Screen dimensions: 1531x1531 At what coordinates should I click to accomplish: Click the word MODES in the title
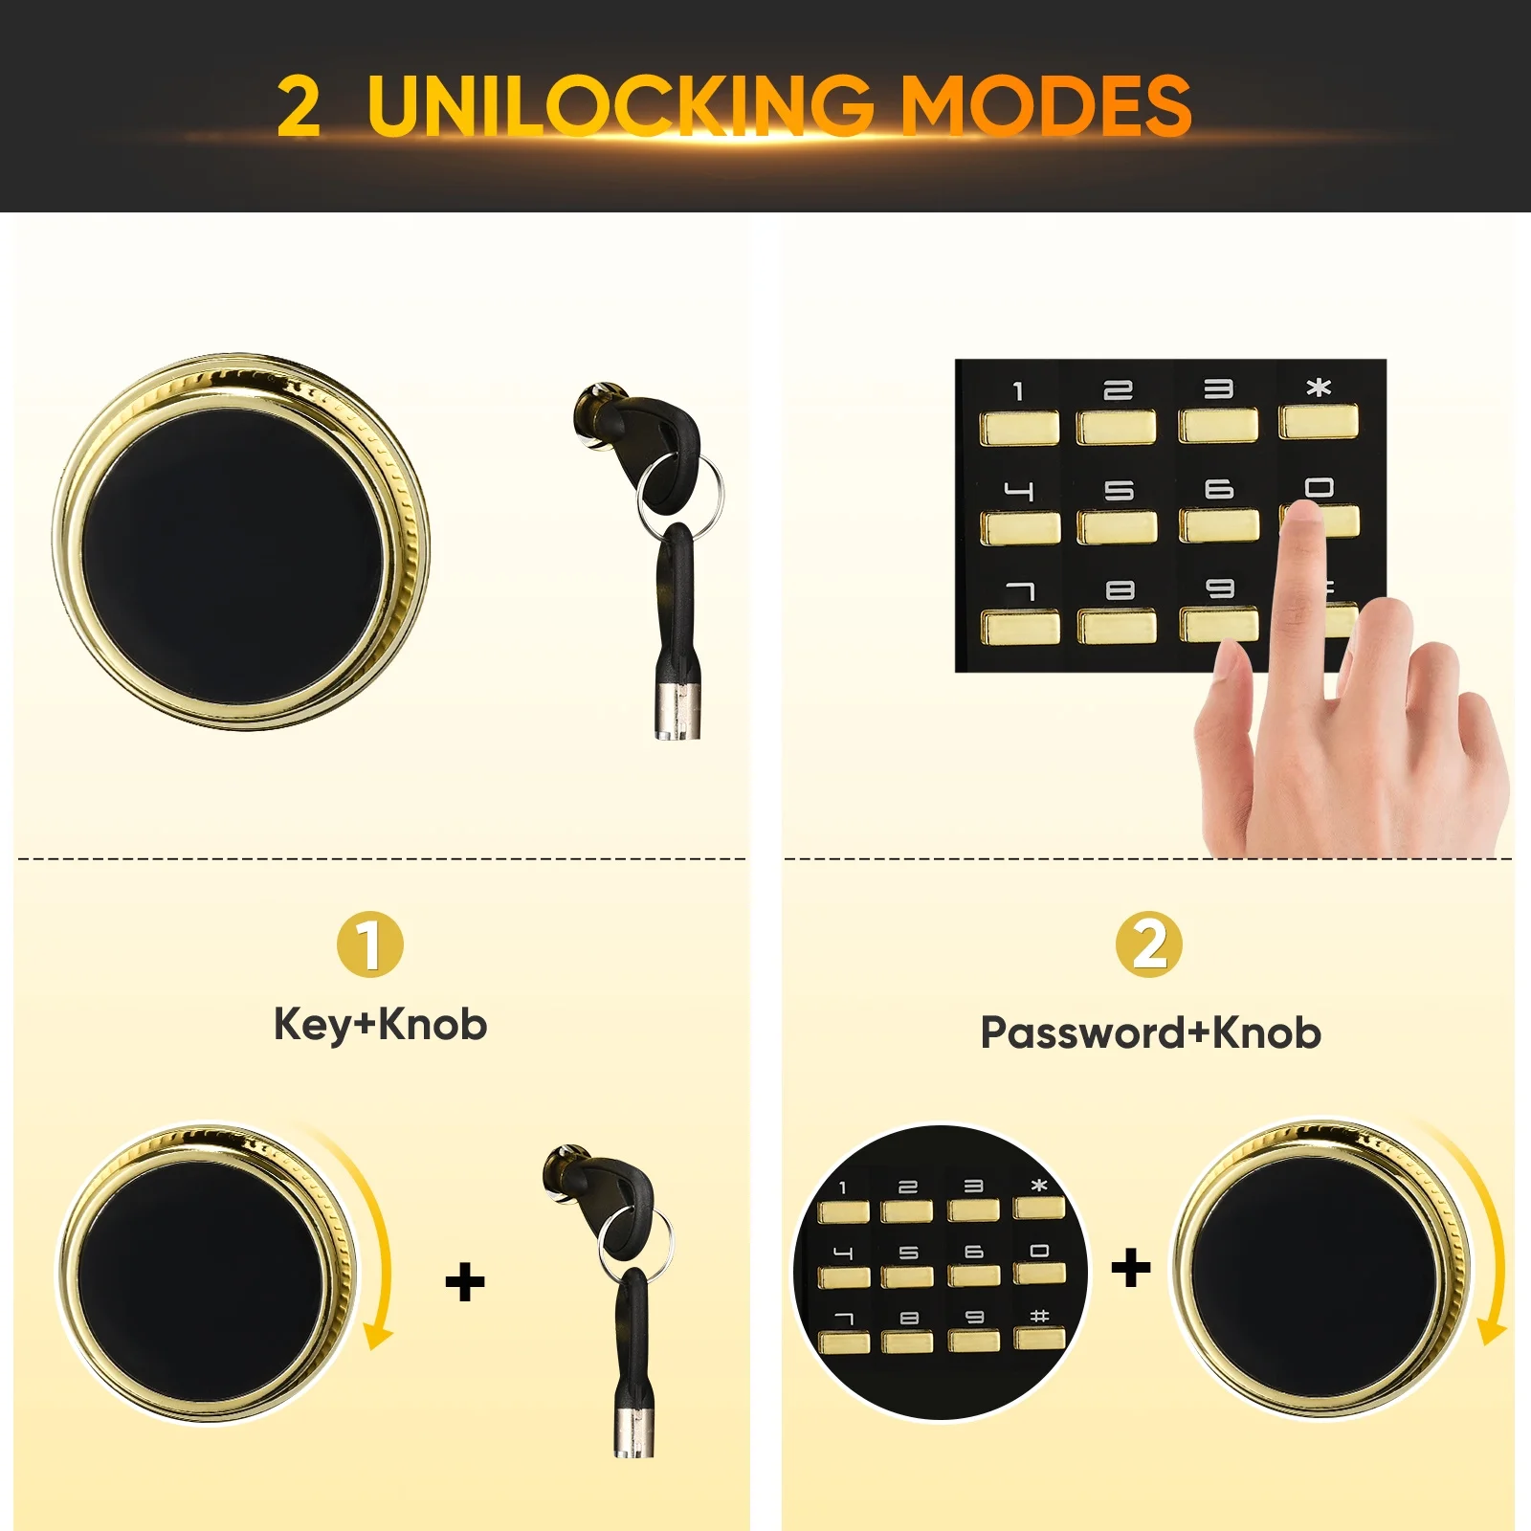point(1047,104)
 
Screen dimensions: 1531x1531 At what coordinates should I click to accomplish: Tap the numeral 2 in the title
point(299,106)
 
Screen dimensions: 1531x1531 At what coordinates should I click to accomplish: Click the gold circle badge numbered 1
point(370,944)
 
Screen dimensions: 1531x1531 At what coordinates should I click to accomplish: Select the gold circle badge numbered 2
point(1149,944)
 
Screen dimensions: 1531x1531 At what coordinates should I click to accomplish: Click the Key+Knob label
point(381,1025)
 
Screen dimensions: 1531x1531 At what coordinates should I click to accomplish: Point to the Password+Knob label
point(1151,1033)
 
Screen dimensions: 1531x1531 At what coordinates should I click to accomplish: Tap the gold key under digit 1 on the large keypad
point(1019,428)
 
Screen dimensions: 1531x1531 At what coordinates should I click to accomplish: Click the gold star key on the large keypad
point(1319,421)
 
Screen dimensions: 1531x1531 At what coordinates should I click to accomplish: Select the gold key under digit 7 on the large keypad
point(1021,628)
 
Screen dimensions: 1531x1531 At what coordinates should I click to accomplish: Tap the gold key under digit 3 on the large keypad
point(1218,425)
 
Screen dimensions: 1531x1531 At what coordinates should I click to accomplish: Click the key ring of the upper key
point(680,496)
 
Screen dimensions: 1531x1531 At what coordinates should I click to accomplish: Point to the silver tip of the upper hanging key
point(677,711)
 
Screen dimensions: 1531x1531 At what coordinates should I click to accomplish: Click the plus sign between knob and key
point(465,1282)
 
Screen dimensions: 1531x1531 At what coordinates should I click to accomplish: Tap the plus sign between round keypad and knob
point(1131,1268)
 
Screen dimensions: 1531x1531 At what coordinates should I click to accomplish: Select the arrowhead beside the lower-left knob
point(379,1336)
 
